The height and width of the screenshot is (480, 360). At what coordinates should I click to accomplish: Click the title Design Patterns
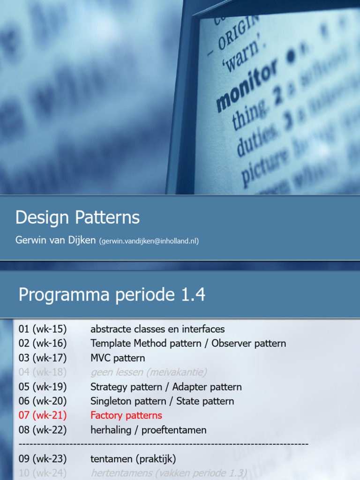pyautogui.click(x=77, y=218)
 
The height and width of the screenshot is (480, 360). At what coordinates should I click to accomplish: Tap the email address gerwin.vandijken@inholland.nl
pyautogui.click(x=149, y=241)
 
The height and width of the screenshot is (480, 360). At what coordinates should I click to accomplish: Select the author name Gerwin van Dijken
pyautogui.click(x=56, y=240)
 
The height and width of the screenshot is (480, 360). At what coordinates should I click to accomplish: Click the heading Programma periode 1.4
pyautogui.click(x=112, y=295)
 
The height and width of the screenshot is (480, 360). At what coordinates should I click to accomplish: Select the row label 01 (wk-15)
pyautogui.click(x=43, y=329)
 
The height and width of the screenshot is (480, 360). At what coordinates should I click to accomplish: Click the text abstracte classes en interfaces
pyautogui.click(x=157, y=329)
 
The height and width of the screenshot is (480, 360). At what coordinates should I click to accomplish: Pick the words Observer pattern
pyautogui.click(x=248, y=344)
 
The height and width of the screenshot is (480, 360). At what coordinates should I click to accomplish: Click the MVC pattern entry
pyautogui.click(x=118, y=358)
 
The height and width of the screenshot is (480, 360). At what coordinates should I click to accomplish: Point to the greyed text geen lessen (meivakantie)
pyautogui.click(x=149, y=373)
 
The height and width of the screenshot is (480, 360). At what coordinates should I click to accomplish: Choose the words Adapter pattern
pyautogui.click(x=207, y=387)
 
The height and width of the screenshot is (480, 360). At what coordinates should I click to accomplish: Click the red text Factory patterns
pyautogui.click(x=126, y=415)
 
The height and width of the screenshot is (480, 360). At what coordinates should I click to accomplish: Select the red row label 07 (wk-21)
pyautogui.click(x=43, y=415)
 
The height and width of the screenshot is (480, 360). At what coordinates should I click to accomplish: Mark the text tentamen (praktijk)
pyautogui.click(x=133, y=459)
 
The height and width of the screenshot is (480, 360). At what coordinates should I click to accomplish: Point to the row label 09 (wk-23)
pyautogui.click(x=43, y=459)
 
